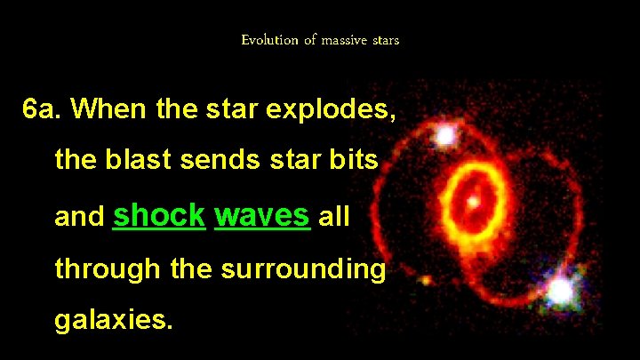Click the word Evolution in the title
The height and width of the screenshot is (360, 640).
[269, 40]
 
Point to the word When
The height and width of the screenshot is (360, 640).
[108, 110]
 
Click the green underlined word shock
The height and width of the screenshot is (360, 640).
[159, 214]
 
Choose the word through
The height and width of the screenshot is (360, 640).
[108, 268]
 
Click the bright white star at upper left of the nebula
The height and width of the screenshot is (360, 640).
[445, 135]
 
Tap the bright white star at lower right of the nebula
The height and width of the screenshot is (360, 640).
[559, 290]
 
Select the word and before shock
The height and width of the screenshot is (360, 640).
[79, 216]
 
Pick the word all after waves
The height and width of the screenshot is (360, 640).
[334, 216]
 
